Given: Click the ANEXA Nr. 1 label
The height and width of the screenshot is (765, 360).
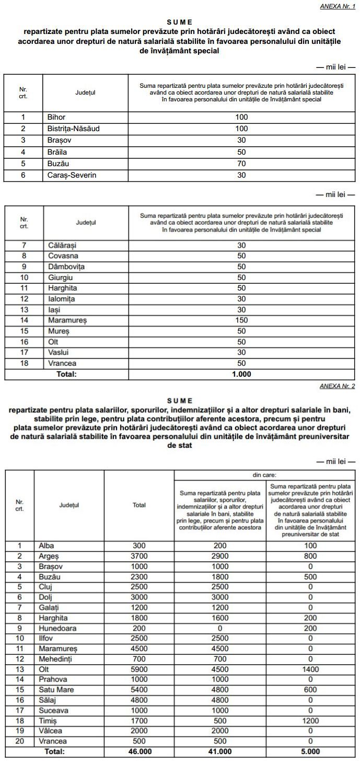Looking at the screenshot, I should [x=337, y=6].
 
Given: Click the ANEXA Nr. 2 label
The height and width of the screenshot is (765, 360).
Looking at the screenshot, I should [x=337, y=386].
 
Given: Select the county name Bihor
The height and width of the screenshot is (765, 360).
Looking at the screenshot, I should [x=56, y=118].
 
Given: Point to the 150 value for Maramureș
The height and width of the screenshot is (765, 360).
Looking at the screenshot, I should [x=241, y=320].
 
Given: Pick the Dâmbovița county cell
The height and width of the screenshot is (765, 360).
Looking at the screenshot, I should [x=66, y=266].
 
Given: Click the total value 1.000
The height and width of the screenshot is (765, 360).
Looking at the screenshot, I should [x=241, y=374].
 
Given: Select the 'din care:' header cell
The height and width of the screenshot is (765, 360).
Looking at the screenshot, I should [x=264, y=475].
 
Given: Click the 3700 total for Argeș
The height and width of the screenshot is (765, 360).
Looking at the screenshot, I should [x=139, y=556].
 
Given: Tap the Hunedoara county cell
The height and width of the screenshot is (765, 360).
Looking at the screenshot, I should [x=57, y=628].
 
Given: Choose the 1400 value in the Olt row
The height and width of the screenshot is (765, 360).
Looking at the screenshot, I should [x=310, y=669].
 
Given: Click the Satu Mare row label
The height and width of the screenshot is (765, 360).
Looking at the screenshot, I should [x=56, y=690].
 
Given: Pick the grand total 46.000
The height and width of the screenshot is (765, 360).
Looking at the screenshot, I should [x=139, y=751].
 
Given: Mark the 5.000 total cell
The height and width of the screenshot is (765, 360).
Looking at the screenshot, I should [x=310, y=751].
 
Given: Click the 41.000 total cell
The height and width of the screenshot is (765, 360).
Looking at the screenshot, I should [x=220, y=751].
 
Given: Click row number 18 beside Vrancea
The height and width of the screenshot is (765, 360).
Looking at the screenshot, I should [x=24, y=363].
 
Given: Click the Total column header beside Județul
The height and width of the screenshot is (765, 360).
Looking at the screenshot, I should [x=139, y=505].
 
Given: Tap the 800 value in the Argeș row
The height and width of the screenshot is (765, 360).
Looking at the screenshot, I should [x=310, y=556].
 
